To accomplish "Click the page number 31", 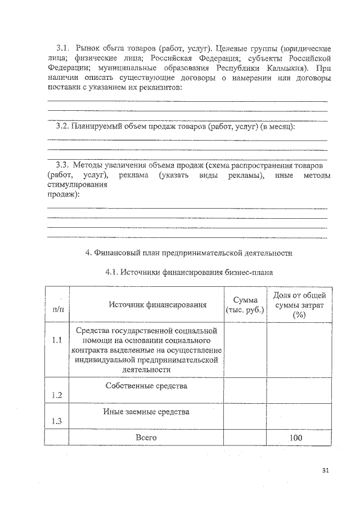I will coord(327,470).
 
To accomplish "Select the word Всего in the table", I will coord(146,437).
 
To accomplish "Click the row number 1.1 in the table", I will coord(56,340).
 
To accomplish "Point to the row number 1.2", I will coord(56,395).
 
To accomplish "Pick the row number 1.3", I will coord(56,421).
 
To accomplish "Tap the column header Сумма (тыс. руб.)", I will coord(245,304).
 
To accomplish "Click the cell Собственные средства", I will coord(146,386).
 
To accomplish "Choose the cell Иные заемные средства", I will coord(146,412).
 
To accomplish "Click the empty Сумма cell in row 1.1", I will coord(245,349).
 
